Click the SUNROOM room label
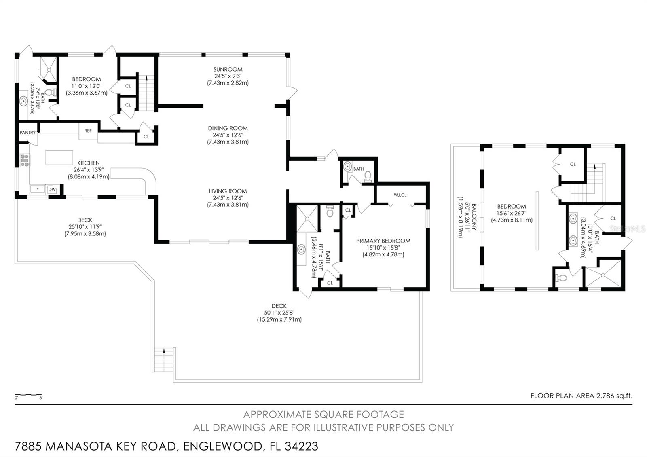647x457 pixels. click(228, 69)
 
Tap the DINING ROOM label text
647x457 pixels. click(228, 128)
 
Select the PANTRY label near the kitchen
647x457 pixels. click(27, 133)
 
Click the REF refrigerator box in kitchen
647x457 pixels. click(88, 131)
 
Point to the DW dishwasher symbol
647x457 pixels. click(52, 189)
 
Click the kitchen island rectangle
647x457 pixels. click(59, 157)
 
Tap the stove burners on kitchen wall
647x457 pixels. click(25, 161)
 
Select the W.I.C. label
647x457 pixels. click(400, 195)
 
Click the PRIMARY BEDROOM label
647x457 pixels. click(383, 241)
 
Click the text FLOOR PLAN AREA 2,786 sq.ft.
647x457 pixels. click(581, 396)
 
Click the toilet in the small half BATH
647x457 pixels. click(368, 176)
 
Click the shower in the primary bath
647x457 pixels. click(307, 218)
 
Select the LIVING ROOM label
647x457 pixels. click(228, 191)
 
